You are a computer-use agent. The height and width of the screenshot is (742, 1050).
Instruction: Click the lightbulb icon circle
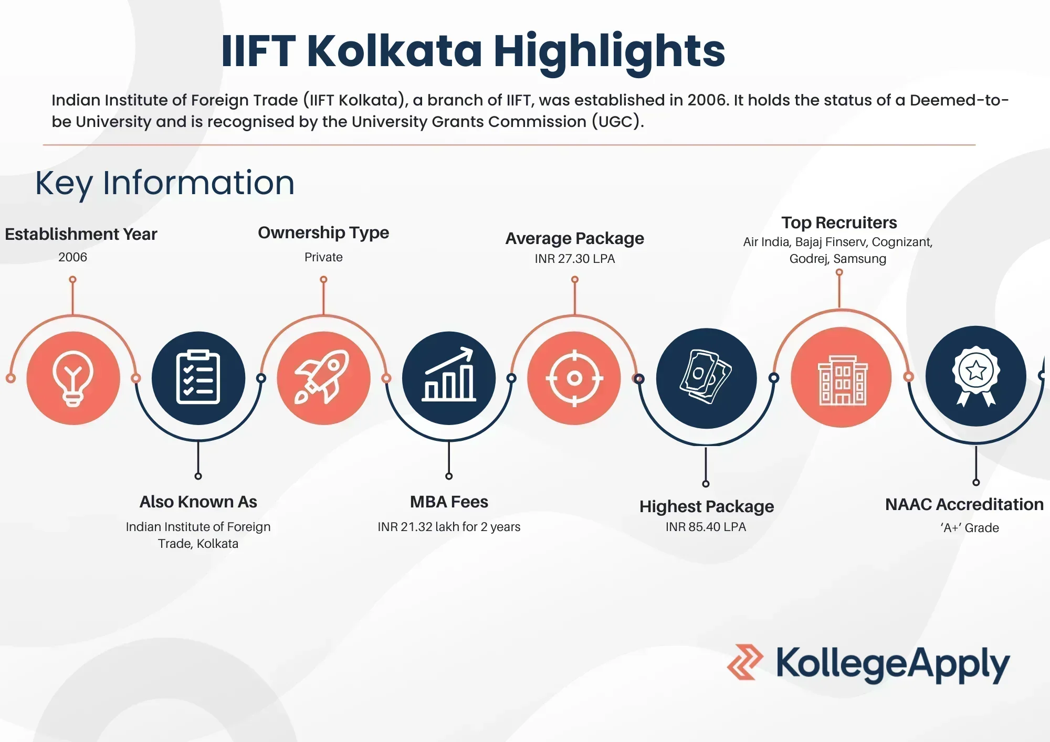pos(73,378)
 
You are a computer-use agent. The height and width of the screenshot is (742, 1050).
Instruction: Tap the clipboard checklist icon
pos(198,378)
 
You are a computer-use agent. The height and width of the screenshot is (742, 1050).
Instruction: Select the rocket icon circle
pos(323,378)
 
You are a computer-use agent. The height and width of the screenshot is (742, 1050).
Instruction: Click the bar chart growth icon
pos(449,378)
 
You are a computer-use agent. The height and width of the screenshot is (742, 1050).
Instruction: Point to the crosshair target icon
pos(574,378)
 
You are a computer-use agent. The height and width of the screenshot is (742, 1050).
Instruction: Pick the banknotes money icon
pos(706,378)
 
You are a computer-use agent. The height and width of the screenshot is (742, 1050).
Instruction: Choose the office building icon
pos(841,378)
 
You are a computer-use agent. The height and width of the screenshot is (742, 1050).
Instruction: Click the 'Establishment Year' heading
pos(81,234)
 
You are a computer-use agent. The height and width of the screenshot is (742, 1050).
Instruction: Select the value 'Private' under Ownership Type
pos(323,257)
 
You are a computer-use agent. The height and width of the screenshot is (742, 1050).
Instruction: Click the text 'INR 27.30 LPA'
pos(574,259)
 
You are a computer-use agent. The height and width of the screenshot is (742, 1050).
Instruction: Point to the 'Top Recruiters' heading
pos(839,222)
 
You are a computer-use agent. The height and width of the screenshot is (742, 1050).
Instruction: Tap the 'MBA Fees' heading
pos(449,502)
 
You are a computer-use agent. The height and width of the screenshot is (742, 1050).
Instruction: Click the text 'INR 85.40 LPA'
pos(706,527)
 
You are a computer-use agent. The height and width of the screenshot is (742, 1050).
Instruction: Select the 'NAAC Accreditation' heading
pos(964,504)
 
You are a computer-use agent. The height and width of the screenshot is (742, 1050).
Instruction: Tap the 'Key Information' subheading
pos(165,183)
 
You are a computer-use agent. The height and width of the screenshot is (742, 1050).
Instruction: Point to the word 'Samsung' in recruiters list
pos(859,259)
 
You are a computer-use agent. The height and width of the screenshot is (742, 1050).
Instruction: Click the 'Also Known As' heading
pos(198,502)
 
